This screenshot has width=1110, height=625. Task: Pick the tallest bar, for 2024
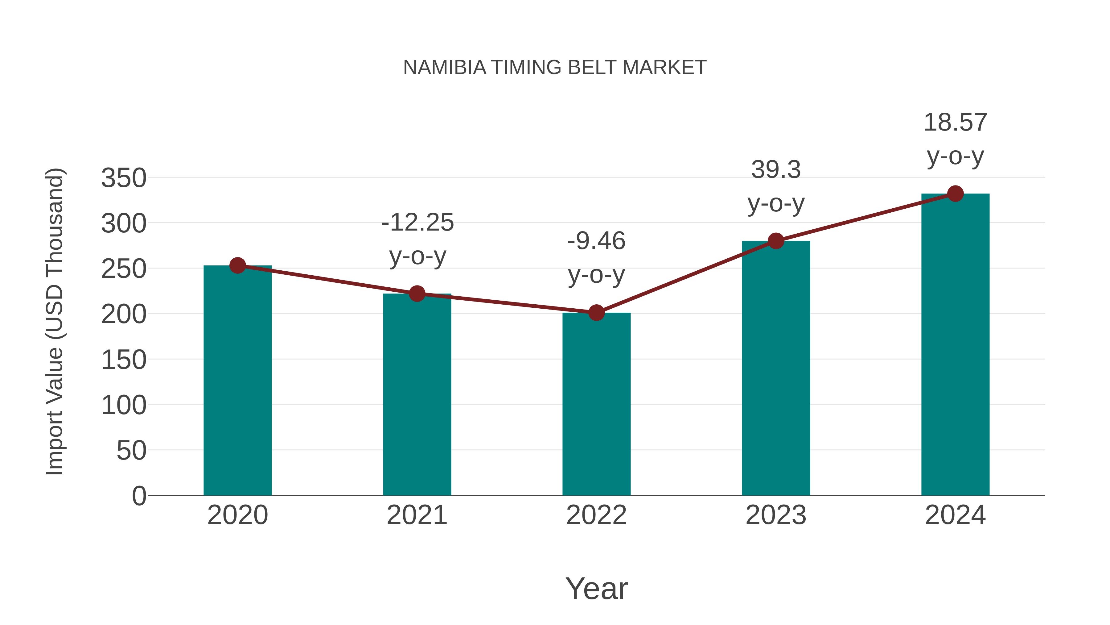(x=955, y=345)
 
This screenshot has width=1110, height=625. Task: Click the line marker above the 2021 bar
(x=417, y=294)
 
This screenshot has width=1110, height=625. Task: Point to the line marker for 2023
(x=776, y=241)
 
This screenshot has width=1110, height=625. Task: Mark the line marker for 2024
(x=955, y=194)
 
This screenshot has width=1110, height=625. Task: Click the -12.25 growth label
(x=417, y=223)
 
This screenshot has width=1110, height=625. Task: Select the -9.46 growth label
(x=596, y=241)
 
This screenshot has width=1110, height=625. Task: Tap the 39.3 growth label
(x=776, y=169)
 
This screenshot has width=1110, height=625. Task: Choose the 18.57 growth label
(x=955, y=123)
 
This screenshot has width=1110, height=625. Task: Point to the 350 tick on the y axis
(x=124, y=178)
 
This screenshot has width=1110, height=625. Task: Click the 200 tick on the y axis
(x=124, y=315)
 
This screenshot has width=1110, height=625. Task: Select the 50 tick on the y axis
(x=131, y=451)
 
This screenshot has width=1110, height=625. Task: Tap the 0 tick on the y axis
(x=139, y=496)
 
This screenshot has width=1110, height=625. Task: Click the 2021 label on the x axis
(x=417, y=515)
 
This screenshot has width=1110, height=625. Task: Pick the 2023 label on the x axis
(x=776, y=515)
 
